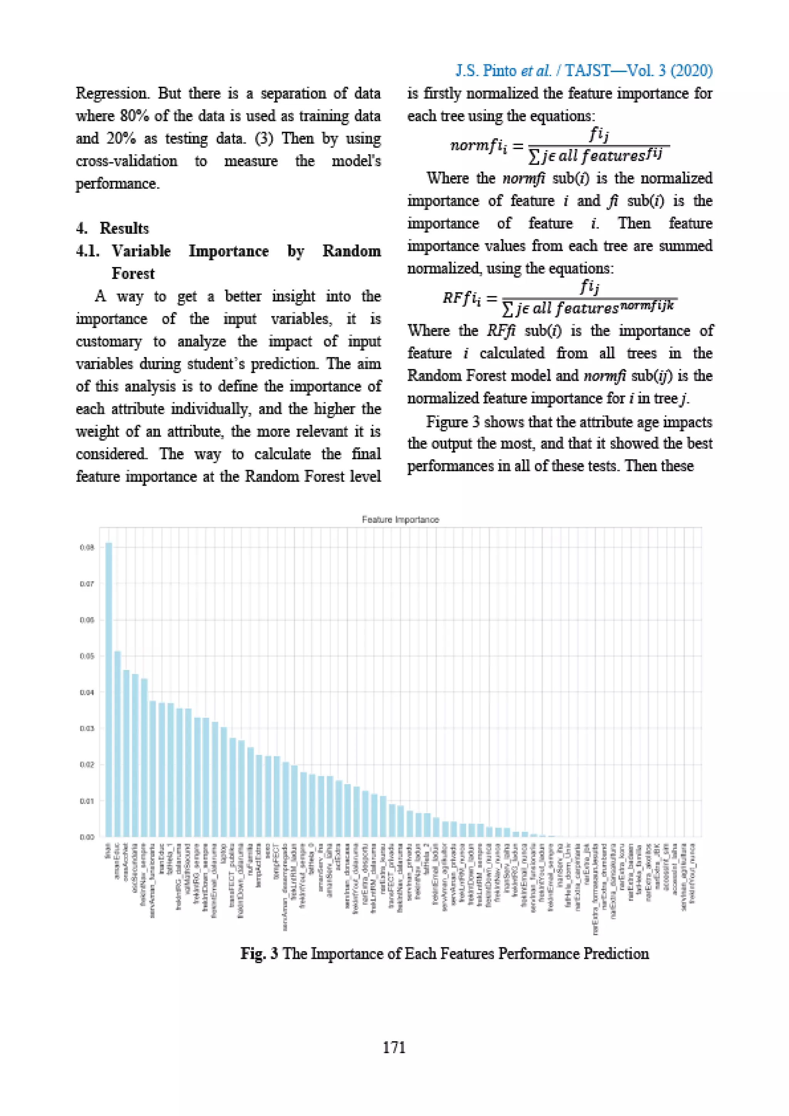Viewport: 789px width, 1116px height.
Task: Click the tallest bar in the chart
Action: pyautogui.click(x=109, y=690)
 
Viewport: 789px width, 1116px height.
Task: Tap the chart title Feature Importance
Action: pyautogui.click(x=400, y=519)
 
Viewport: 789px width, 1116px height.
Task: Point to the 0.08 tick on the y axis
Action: pyautogui.click(x=87, y=547)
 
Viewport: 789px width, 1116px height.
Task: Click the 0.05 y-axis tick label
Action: pyautogui.click(x=87, y=656)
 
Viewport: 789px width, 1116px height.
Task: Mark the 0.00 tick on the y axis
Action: pyautogui.click(x=87, y=837)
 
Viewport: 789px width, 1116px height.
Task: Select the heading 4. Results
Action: pyautogui.click(x=113, y=228)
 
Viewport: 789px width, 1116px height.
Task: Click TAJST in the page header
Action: pyautogui.click(x=588, y=71)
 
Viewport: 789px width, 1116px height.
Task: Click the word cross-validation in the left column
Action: pyautogui.click(x=126, y=161)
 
